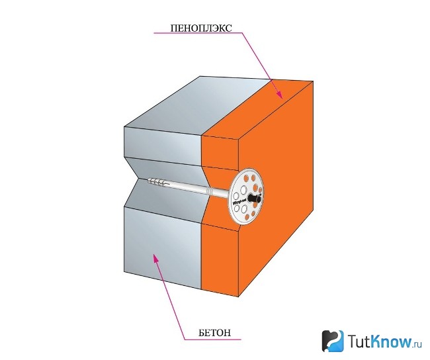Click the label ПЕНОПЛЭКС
tap(201, 28)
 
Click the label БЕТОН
tap(215, 333)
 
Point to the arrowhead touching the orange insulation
tap(279, 94)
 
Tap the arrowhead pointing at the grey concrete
tap(155, 257)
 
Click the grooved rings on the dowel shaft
tap(210, 191)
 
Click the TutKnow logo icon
tap(333, 341)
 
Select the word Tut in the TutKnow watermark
tap(358, 341)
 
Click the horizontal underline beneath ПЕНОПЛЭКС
tap(198, 33)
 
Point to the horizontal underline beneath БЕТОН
tap(213, 339)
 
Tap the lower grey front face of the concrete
tap(163, 247)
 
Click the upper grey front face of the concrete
tap(163, 146)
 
